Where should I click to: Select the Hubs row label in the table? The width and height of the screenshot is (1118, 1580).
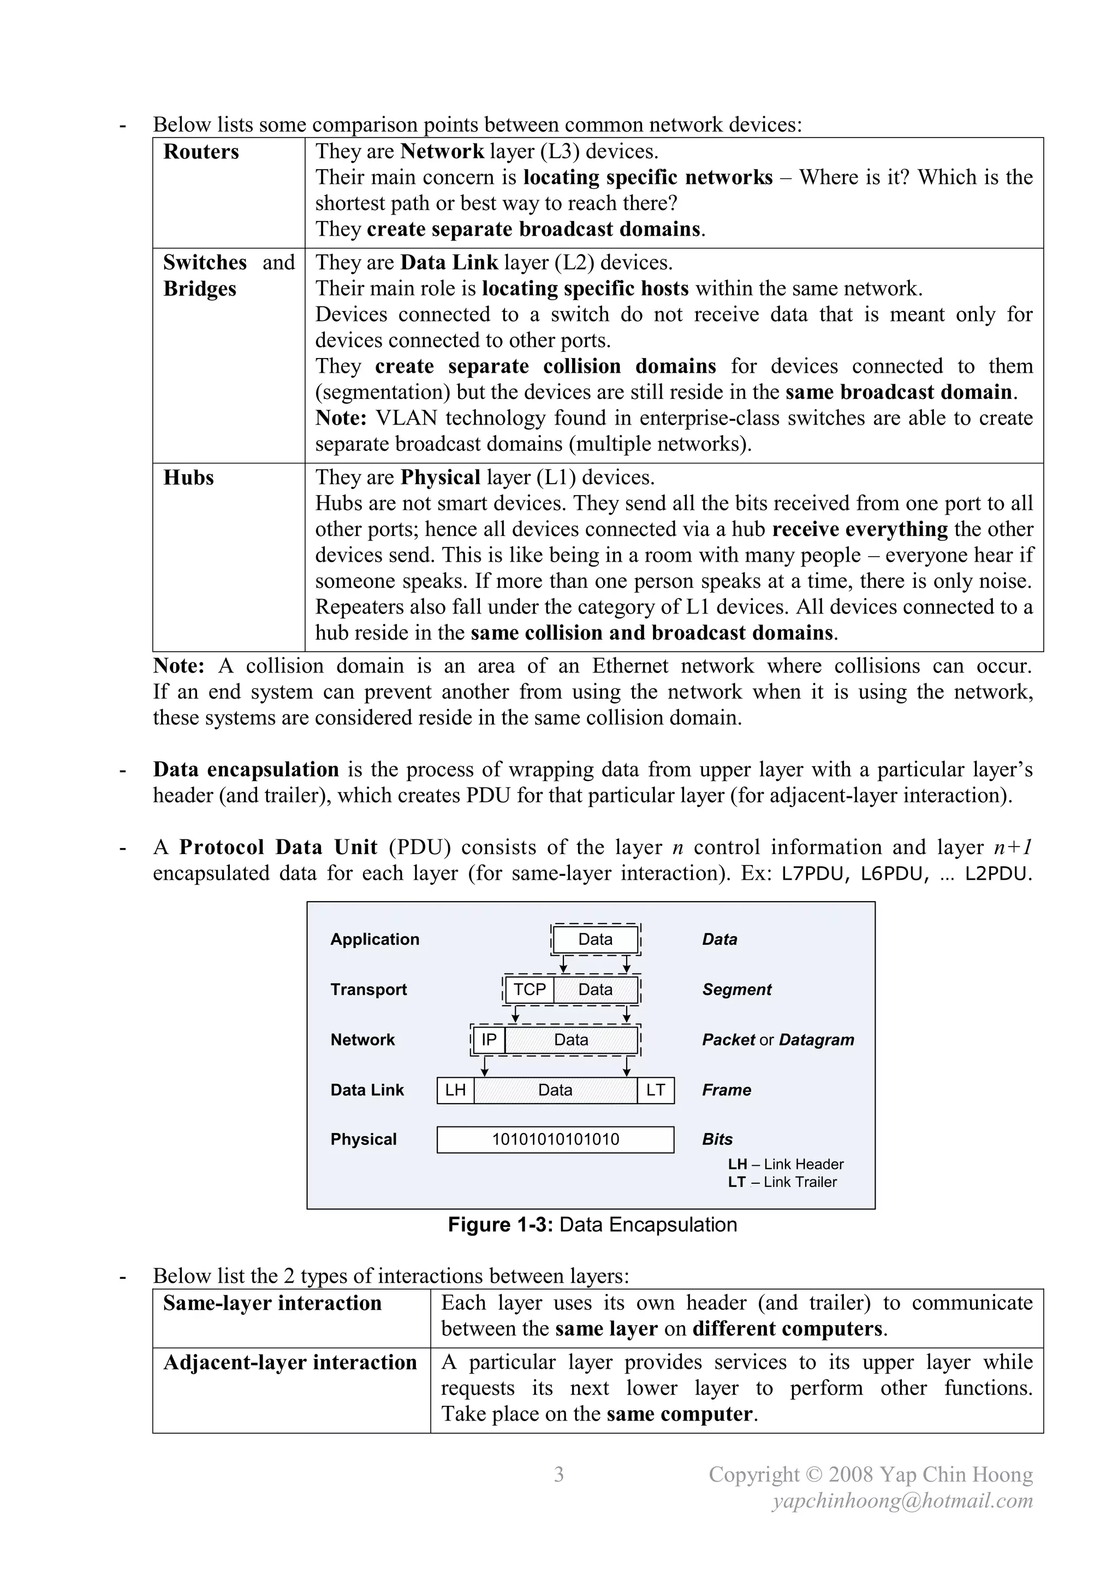[189, 478]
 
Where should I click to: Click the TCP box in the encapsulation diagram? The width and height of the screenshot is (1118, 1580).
[530, 989]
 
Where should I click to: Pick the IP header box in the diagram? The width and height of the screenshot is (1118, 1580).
[489, 1040]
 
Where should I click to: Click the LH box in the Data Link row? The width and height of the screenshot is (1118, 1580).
[455, 1090]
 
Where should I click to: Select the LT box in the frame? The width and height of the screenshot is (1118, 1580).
[656, 1090]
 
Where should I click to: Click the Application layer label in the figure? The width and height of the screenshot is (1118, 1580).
[374, 939]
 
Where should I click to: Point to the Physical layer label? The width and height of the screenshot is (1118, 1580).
[364, 1140]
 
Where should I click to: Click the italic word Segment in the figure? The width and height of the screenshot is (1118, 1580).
[736, 989]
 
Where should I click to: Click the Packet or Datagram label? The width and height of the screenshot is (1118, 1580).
[778, 1040]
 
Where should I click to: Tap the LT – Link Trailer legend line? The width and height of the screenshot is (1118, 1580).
[782, 1182]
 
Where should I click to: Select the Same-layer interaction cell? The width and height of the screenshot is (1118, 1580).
[272, 1303]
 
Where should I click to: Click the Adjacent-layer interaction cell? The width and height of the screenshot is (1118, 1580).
[290, 1363]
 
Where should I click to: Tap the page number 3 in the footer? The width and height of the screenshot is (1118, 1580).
[559, 1475]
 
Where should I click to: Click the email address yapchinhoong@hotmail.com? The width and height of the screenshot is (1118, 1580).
[902, 1501]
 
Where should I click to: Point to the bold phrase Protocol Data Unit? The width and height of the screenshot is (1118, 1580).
[278, 847]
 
